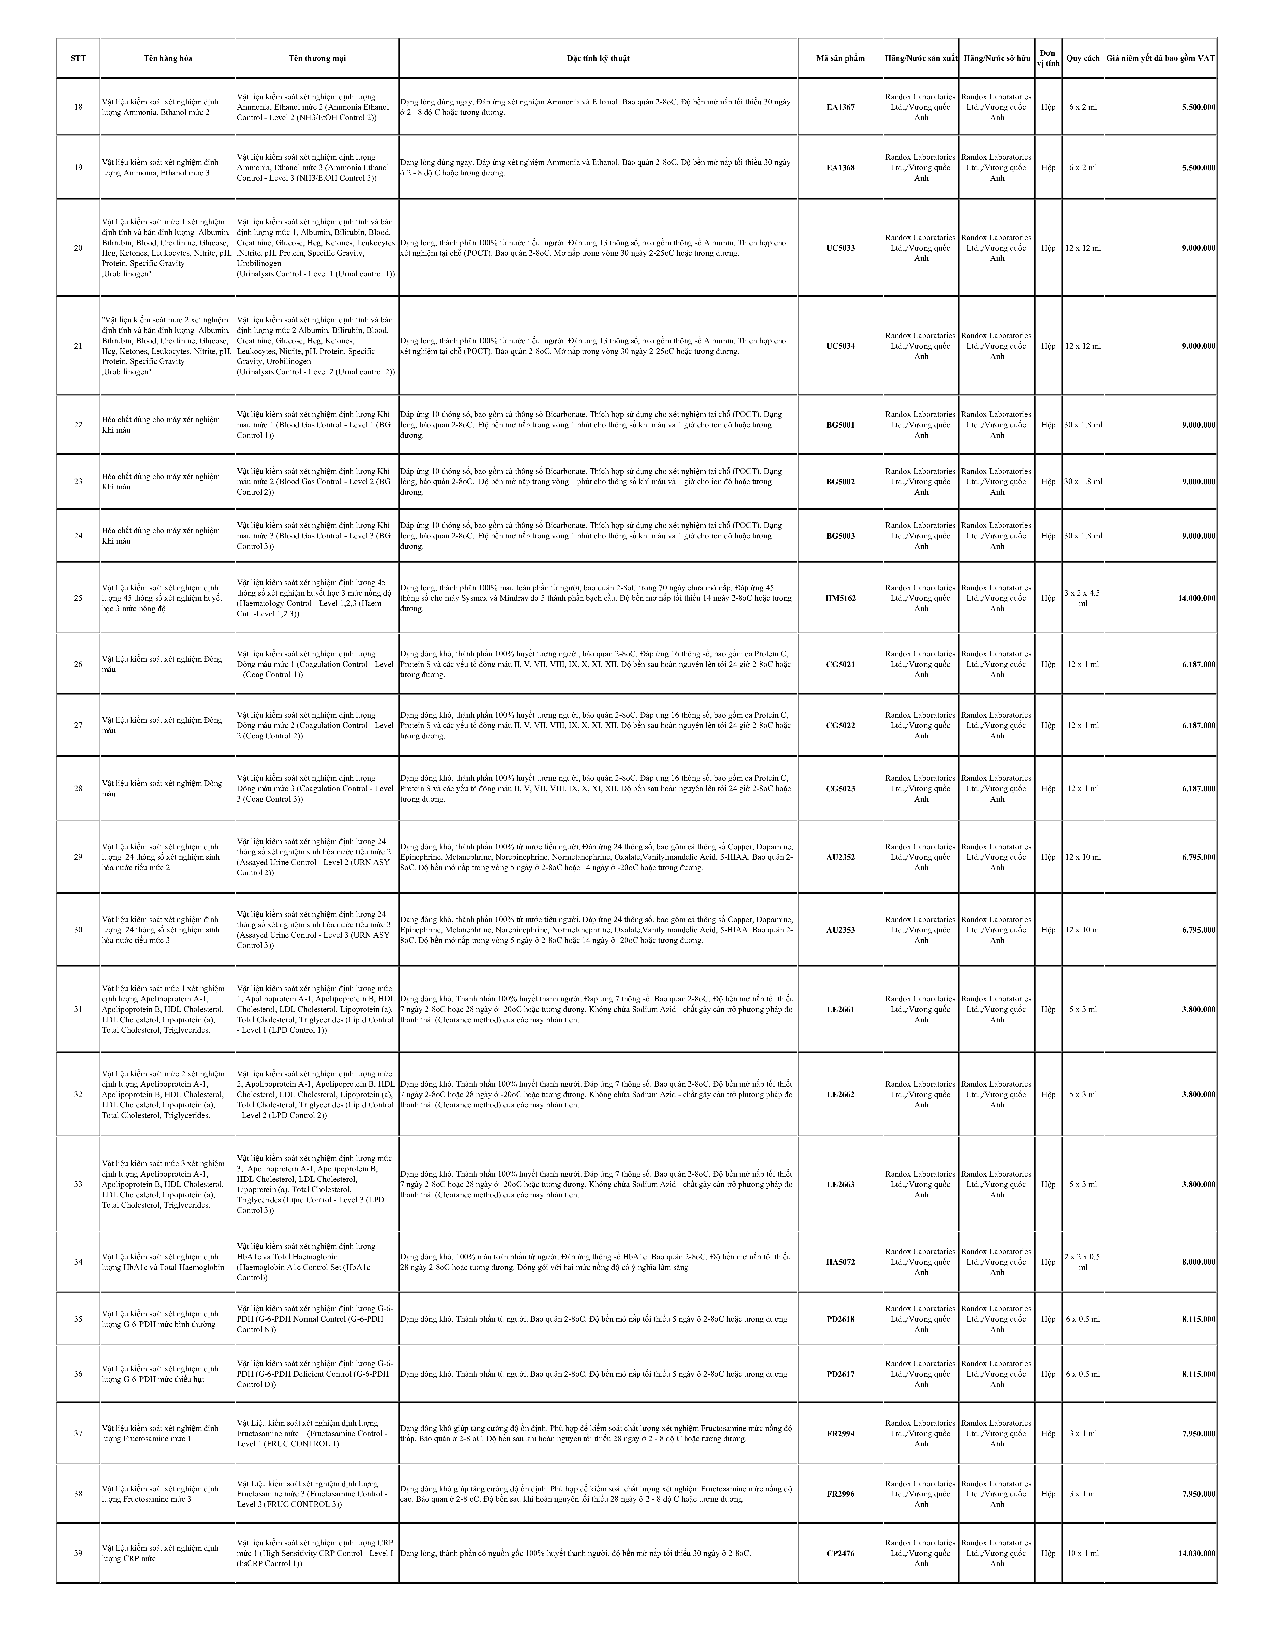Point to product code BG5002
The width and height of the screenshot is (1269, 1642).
point(841,482)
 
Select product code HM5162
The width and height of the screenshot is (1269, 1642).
point(841,598)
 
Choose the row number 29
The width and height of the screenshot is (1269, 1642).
point(78,857)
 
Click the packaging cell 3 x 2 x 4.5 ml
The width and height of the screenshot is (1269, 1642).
point(1083,598)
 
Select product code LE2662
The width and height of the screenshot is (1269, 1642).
point(841,1095)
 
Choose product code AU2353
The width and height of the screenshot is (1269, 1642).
point(841,930)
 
